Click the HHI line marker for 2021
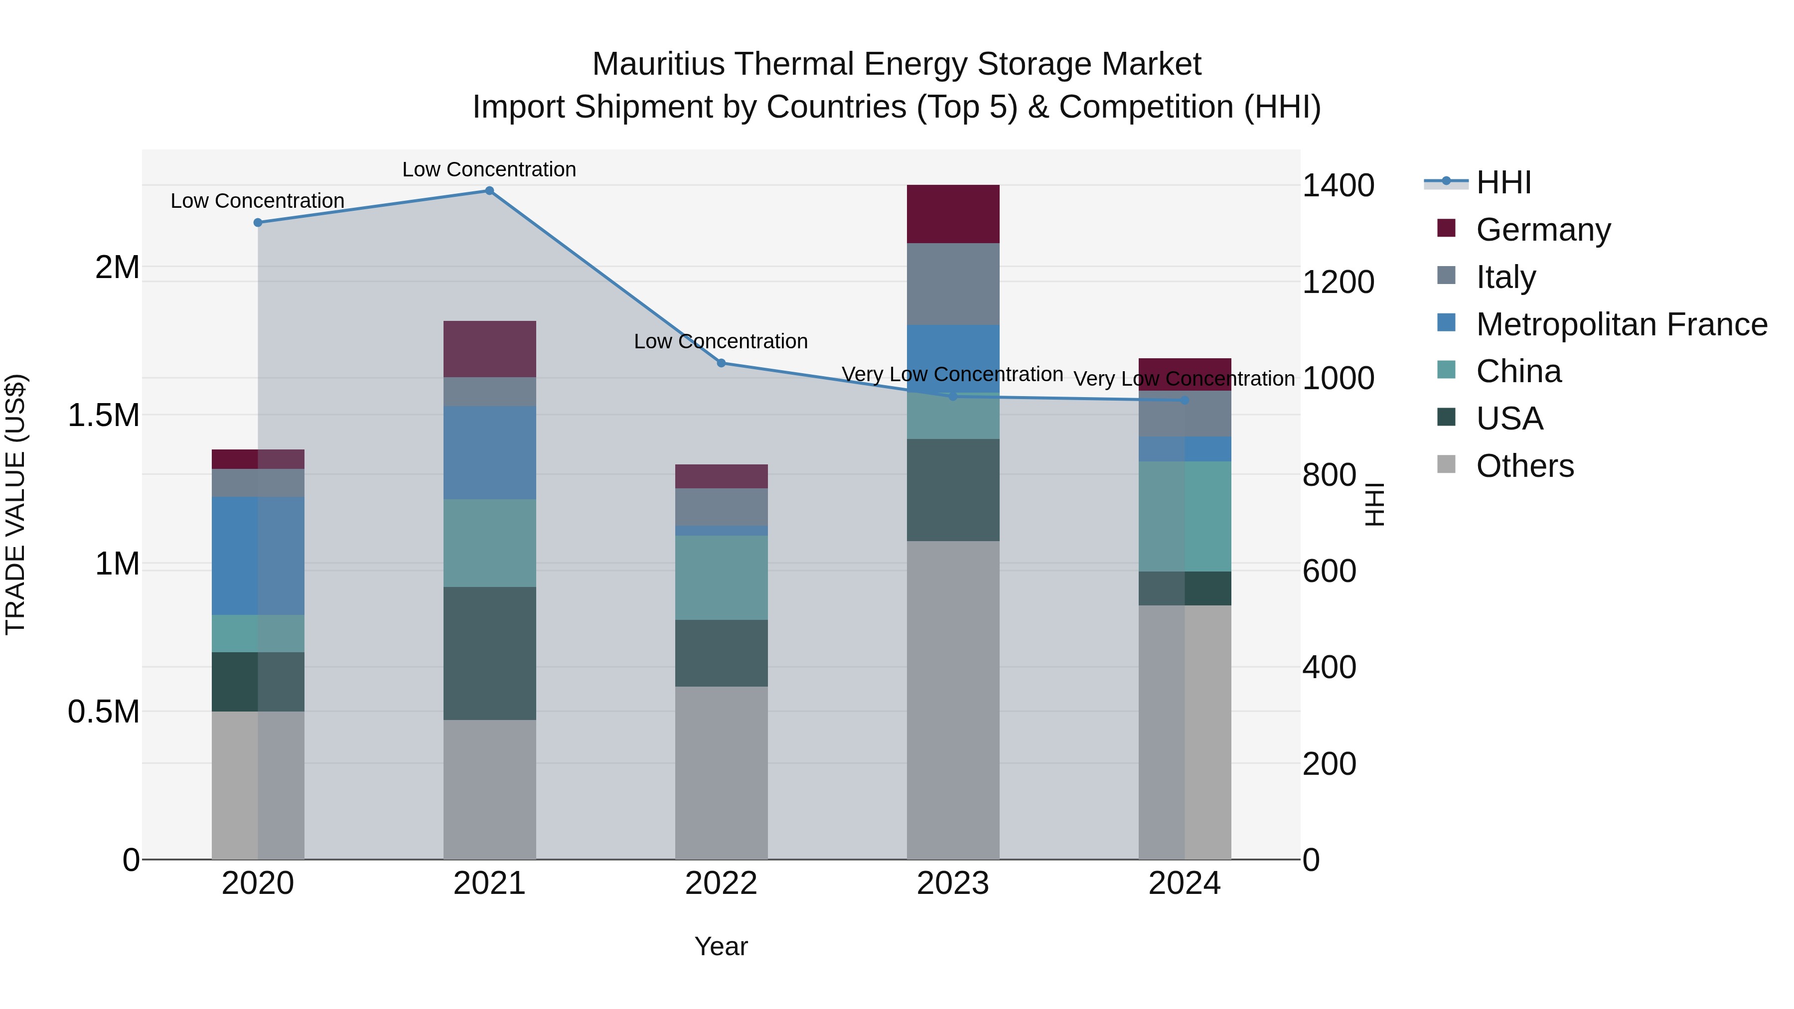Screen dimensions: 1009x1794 pos(489,191)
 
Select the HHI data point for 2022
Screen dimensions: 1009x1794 pos(722,363)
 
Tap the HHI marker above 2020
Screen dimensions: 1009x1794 pos(258,223)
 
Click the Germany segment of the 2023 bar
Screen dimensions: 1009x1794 pos(953,214)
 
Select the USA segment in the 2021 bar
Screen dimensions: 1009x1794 pos(489,653)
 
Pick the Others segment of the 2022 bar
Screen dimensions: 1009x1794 pos(722,772)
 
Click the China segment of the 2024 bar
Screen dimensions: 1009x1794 pos(1185,516)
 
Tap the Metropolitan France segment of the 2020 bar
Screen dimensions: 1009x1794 pos(258,555)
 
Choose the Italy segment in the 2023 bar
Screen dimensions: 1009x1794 pos(953,284)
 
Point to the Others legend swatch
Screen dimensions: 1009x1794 pos(1446,464)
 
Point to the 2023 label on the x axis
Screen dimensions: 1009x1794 pos(953,883)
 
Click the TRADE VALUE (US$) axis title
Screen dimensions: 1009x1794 pos(15,504)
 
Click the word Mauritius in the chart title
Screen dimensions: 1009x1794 pos(657,64)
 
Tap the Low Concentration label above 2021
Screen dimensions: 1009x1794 pos(489,169)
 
